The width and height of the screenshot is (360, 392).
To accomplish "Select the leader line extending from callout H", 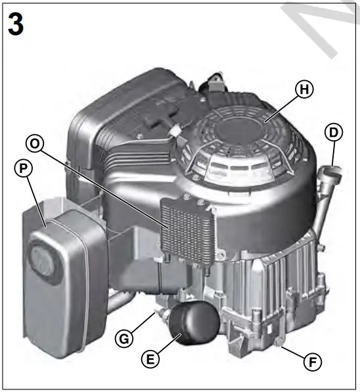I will pyautogui.click(x=279, y=107).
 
